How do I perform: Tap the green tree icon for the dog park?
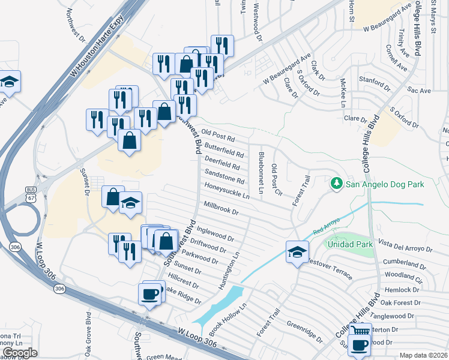pyautogui.click(x=337, y=183)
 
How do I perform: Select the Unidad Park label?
pyautogui.click(x=349, y=244)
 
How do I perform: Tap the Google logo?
pyautogui.click(x=20, y=353)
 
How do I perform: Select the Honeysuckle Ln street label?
pyautogui.click(x=227, y=191)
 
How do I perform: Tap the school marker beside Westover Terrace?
pyautogui.click(x=297, y=252)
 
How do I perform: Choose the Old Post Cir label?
pyautogui.click(x=276, y=180)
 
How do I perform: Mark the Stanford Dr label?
pyautogui.click(x=374, y=80)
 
